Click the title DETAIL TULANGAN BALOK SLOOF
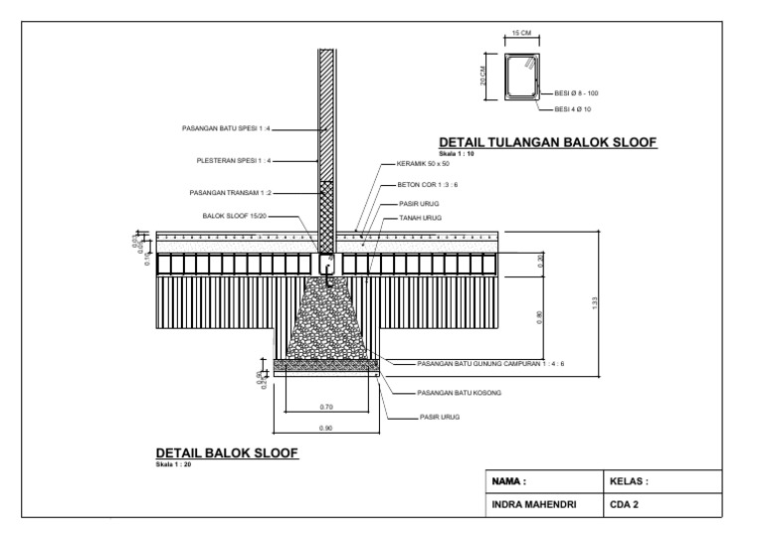coord(548,143)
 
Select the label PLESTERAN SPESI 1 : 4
coord(235,160)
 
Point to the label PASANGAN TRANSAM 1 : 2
coord(230,193)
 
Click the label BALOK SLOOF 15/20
coord(235,215)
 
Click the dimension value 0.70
coord(327,407)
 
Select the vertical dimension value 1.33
coord(595,302)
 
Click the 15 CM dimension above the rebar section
coord(521,34)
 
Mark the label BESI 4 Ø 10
coord(573,108)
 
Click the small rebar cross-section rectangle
coord(521,78)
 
